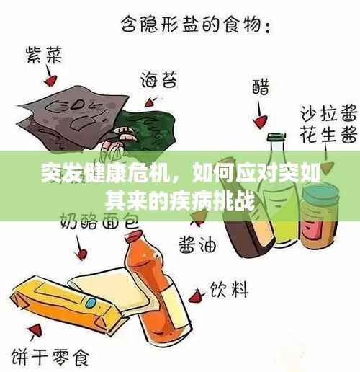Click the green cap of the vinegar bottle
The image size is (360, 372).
click(x=276, y=137)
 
